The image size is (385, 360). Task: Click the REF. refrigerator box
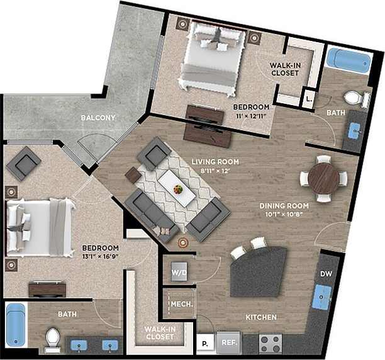point(229,342)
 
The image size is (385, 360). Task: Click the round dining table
point(323,179)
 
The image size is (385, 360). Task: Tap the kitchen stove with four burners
point(270,343)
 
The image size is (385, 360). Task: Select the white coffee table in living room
point(176,188)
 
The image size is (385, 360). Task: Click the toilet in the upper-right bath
point(357,99)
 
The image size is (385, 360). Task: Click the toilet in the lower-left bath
point(52,340)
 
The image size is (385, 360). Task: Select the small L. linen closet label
point(308,99)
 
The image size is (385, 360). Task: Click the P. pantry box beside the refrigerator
point(204,344)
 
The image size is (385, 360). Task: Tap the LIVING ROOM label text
point(215,161)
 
